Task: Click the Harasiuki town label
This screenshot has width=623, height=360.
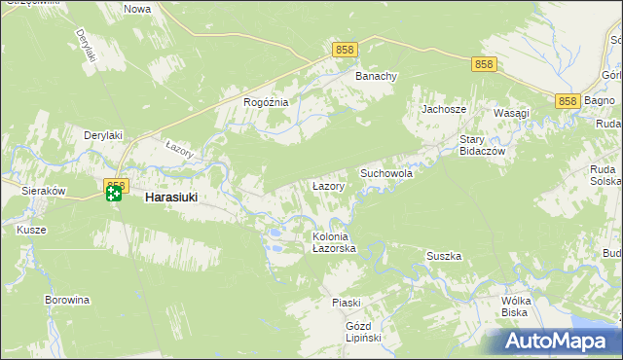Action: pyautogui.click(x=171, y=197)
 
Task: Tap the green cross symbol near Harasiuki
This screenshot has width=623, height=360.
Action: pyautogui.click(x=114, y=195)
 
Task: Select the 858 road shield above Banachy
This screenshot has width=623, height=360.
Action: pyautogui.click(x=344, y=49)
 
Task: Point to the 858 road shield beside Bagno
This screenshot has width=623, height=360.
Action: pyautogui.click(x=568, y=101)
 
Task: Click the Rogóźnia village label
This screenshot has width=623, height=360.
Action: pyautogui.click(x=266, y=102)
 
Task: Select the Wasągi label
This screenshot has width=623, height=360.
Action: pyautogui.click(x=511, y=113)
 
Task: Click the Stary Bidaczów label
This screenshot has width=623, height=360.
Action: pyautogui.click(x=479, y=146)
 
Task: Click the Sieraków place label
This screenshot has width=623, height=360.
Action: pyautogui.click(x=44, y=192)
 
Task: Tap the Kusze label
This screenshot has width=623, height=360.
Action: pyautogui.click(x=31, y=230)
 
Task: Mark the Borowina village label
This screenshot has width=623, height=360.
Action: pyautogui.click(x=67, y=300)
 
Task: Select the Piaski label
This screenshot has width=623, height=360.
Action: pyautogui.click(x=346, y=303)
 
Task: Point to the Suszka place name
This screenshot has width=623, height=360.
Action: pyautogui.click(x=444, y=256)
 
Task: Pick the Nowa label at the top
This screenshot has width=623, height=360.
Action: pyautogui.click(x=137, y=9)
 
